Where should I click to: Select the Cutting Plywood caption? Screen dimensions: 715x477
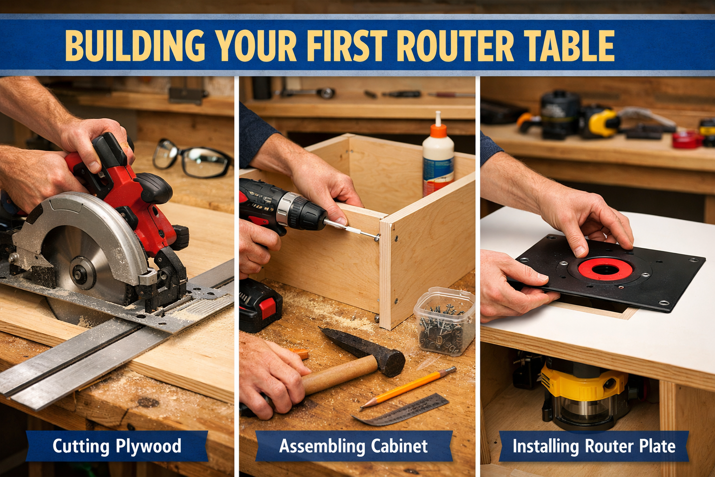[x=117, y=446]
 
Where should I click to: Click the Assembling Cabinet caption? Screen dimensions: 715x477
[x=353, y=446]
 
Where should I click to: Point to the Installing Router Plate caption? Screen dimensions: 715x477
[x=594, y=446]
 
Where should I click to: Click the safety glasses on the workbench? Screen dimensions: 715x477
[x=191, y=158]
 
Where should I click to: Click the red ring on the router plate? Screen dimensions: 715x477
[x=605, y=268]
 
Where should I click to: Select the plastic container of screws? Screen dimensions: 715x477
[x=445, y=320]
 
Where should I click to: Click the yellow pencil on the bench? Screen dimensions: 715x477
[x=408, y=388]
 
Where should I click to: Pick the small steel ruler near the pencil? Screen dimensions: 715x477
[x=400, y=410]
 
